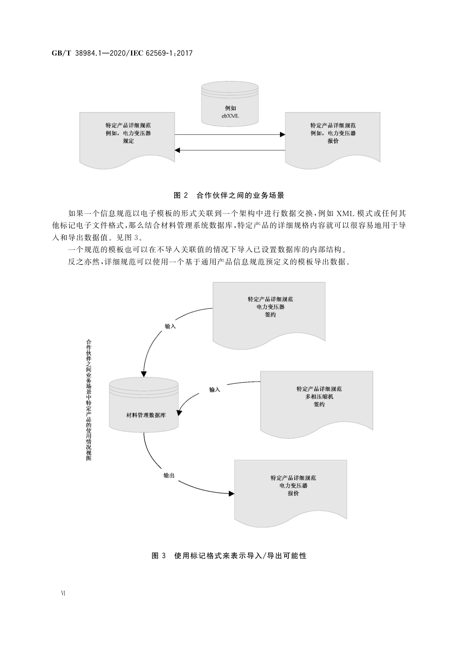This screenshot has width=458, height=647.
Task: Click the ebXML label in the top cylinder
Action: tap(230, 116)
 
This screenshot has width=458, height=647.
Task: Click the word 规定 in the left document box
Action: tap(128, 141)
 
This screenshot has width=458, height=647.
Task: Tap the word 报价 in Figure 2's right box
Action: tap(333, 141)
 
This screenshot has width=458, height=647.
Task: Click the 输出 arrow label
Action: tap(169, 476)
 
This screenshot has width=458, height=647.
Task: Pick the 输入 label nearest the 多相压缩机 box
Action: tap(215, 390)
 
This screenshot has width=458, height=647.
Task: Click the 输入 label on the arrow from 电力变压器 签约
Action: tap(170, 326)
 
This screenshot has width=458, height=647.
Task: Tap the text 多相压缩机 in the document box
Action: tap(319, 396)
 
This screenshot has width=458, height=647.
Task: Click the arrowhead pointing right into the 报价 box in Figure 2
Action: tap(282, 134)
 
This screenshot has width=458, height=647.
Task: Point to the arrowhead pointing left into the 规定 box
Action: tap(178, 150)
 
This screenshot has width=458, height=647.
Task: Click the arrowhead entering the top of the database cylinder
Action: tap(144, 374)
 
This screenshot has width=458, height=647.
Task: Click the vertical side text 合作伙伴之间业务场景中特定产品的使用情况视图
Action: tap(89, 400)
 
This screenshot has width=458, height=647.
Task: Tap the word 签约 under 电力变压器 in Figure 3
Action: tap(270, 315)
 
